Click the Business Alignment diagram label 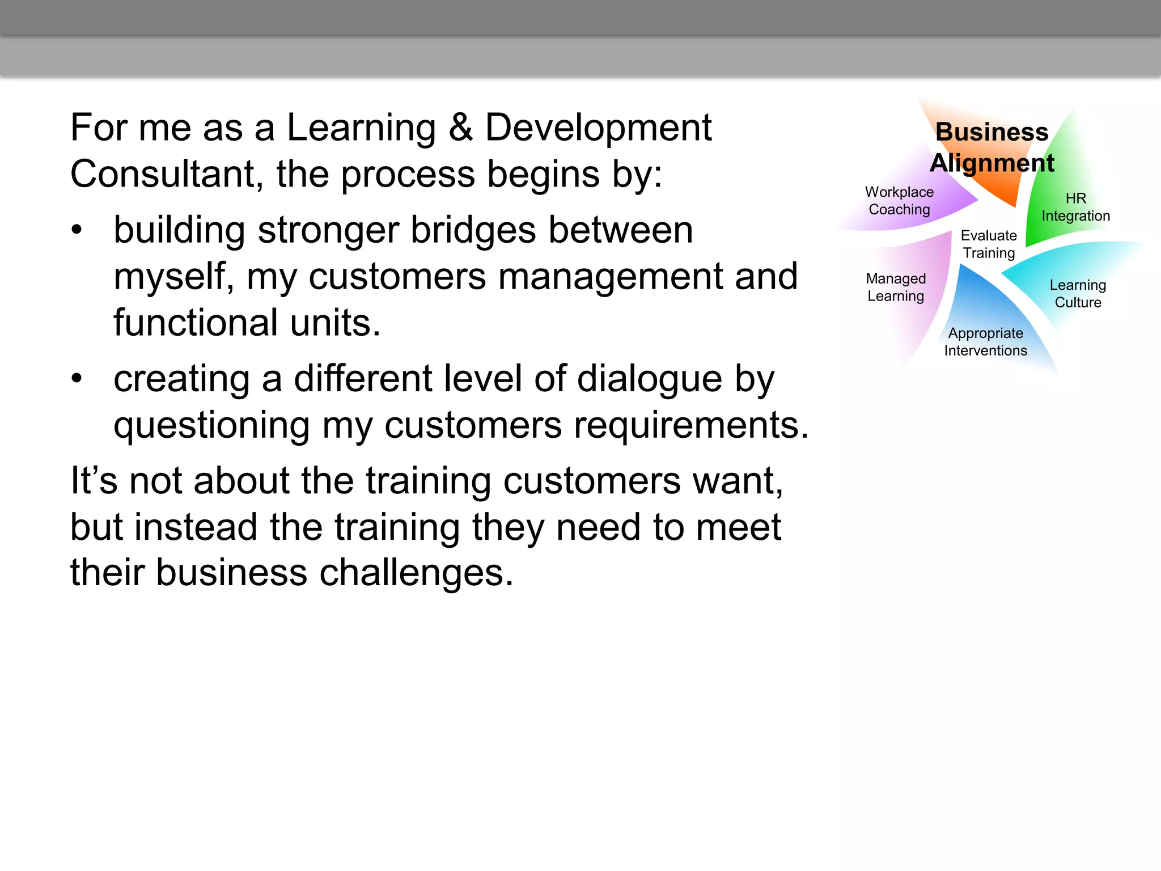(992, 147)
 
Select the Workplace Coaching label (899, 201)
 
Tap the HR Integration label (1075, 207)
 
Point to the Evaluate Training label (989, 244)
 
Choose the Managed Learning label (896, 287)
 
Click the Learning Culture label (1078, 294)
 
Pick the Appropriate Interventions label (985, 342)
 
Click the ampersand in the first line (460, 128)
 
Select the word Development (598, 128)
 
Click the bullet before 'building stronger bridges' (77, 230)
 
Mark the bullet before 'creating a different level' (77, 379)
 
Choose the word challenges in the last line (416, 573)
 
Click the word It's (94, 481)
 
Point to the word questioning (211, 426)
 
